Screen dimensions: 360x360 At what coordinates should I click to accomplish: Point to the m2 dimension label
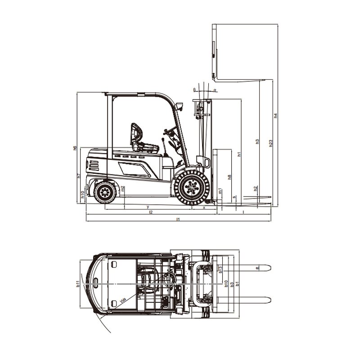[x=123, y=189]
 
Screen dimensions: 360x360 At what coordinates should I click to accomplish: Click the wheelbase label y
[x=148, y=207]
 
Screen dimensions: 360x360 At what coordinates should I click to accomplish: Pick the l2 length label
[x=151, y=212]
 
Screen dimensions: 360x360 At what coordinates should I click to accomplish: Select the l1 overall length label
[x=178, y=219]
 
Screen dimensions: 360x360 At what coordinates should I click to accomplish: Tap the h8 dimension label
[x=229, y=177]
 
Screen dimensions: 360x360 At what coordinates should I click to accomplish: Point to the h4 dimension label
[x=275, y=116]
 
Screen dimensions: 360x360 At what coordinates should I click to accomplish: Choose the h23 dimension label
[x=270, y=143]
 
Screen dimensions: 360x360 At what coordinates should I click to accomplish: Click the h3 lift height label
[x=257, y=141]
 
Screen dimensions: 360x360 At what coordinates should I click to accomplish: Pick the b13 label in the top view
[x=220, y=269]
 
